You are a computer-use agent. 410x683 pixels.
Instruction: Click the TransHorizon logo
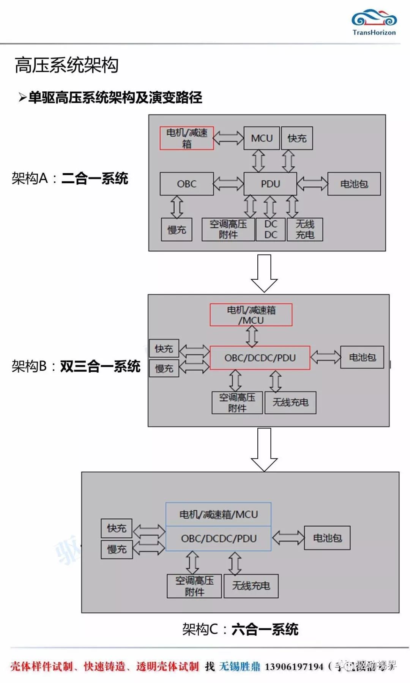374,23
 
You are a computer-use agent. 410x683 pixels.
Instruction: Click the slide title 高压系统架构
67,65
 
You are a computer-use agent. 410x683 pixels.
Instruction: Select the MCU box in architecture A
262,138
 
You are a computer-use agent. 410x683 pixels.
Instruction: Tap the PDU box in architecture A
270,184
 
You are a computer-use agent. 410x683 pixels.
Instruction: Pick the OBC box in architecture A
187,184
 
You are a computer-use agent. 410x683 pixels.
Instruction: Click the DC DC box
271,229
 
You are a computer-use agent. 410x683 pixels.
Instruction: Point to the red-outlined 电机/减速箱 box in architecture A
187,138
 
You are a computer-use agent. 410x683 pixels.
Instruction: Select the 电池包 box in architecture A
354,184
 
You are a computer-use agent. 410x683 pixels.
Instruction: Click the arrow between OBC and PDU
229,184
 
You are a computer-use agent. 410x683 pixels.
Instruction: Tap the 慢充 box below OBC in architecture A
177,229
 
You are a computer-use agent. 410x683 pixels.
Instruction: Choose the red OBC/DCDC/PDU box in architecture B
260,358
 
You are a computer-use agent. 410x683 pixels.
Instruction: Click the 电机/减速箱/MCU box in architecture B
251,315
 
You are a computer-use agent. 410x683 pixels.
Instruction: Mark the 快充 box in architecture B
164,349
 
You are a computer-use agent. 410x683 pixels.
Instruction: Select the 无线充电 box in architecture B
290,402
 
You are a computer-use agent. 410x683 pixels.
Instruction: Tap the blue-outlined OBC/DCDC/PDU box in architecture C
219,538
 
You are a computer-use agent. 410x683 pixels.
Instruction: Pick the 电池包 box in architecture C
327,538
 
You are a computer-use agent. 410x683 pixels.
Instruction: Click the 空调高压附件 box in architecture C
194,586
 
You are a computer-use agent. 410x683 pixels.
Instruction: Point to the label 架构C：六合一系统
240,629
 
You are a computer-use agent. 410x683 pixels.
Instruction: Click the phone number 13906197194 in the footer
294,666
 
